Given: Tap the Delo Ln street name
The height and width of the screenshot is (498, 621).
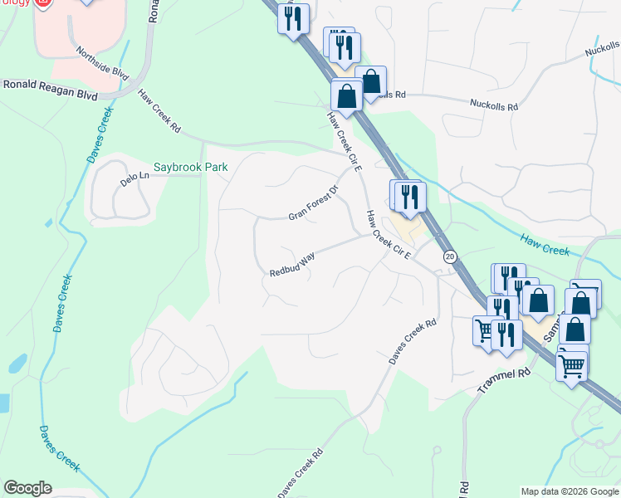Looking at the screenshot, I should (x=133, y=177).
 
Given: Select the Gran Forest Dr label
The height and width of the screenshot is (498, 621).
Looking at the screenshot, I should (x=314, y=203).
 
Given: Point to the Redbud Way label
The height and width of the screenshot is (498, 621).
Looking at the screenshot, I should (x=292, y=265).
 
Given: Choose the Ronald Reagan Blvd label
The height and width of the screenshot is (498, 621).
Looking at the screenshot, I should (x=49, y=90).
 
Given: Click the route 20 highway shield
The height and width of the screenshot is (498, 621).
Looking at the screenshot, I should (x=449, y=257).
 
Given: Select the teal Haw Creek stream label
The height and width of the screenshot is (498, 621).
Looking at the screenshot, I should (x=545, y=244).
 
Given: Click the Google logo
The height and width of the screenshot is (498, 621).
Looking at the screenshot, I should (x=27, y=488).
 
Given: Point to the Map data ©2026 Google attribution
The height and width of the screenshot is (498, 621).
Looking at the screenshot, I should (x=570, y=491).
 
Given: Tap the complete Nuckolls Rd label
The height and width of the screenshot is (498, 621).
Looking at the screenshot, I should (x=494, y=106).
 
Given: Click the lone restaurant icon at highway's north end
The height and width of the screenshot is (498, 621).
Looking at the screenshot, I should (x=292, y=19).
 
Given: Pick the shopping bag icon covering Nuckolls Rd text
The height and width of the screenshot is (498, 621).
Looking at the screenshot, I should (x=371, y=82).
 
